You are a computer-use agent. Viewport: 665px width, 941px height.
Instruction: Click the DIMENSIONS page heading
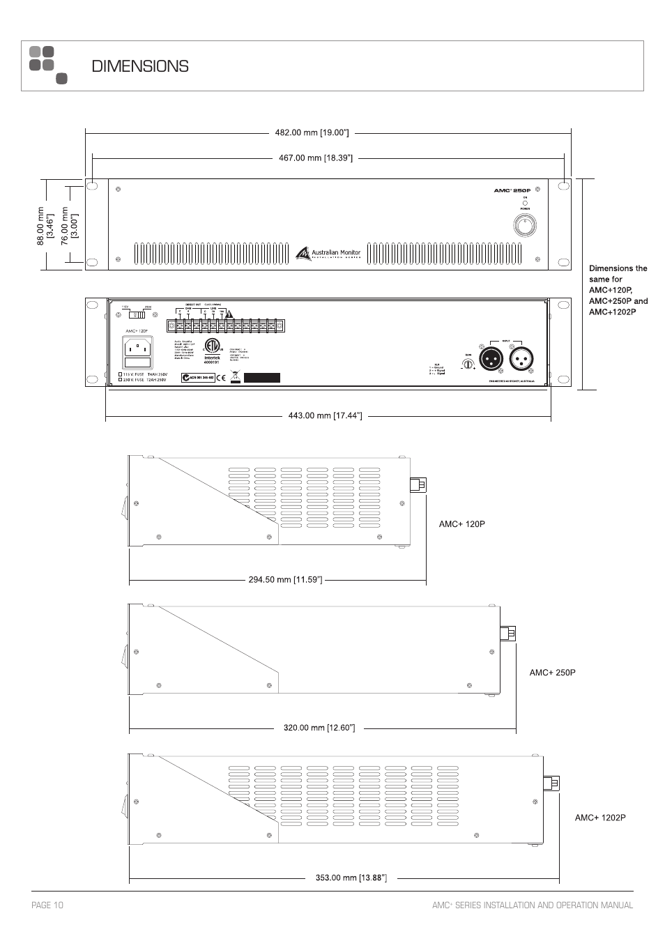click(140, 66)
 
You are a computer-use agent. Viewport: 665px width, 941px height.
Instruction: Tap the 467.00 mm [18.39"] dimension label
click(316, 158)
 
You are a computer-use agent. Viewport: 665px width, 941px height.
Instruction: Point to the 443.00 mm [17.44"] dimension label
click(325, 416)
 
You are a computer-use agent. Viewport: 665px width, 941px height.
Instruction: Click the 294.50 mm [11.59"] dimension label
click(285, 579)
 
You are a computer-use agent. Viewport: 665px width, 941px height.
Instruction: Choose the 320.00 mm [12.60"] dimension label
click(319, 728)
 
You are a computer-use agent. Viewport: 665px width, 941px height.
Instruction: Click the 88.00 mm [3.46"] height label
click(45, 224)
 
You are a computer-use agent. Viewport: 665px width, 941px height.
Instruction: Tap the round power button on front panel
click(524, 225)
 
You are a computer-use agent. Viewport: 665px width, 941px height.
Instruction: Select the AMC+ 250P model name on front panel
click(512, 190)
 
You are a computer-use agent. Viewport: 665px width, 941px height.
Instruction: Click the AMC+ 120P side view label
click(461, 524)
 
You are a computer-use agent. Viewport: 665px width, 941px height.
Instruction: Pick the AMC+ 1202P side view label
click(600, 818)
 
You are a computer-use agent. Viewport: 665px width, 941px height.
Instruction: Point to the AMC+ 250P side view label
click(553, 673)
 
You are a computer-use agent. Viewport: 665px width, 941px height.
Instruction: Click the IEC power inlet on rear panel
click(138, 346)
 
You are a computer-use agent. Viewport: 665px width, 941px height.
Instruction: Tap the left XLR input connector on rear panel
click(489, 358)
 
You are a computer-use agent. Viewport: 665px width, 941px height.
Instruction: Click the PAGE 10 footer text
click(47, 905)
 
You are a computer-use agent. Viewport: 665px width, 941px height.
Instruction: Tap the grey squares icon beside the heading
click(47, 64)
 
